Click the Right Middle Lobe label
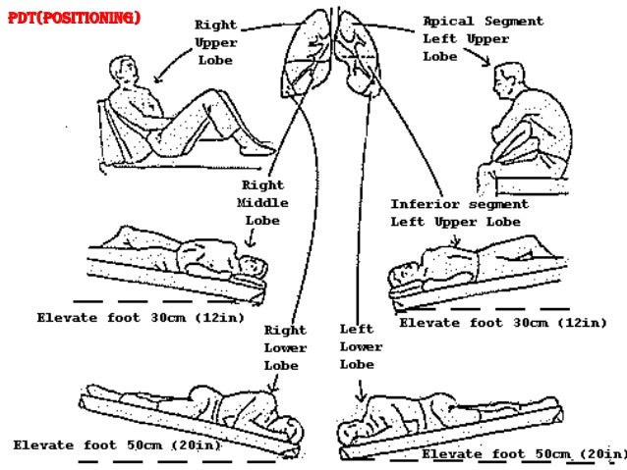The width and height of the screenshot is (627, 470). (x=262, y=203)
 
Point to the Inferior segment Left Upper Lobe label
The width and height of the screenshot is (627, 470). (x=459, y=213)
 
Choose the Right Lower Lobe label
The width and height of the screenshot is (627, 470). (x=285, y=347)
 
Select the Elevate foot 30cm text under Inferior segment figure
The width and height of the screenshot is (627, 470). (x=502, y=322)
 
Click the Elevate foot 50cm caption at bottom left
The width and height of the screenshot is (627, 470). (x=117, y=445)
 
